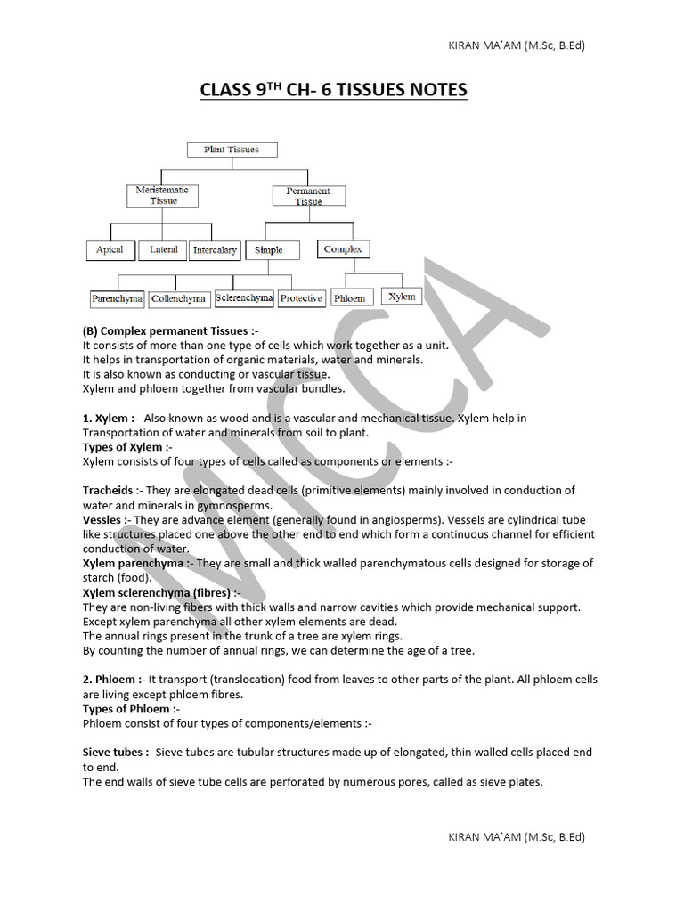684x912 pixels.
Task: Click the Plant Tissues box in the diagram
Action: (232, 150)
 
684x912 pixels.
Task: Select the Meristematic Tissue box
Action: (163, 196)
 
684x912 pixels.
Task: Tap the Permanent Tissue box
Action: (308, 196)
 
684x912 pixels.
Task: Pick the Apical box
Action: (110, 250)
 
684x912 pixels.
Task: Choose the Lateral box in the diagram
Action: (163, 250)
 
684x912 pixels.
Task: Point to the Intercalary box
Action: (215, 250)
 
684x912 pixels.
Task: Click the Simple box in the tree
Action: (268, 250)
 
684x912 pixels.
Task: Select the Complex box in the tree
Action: (343, 249)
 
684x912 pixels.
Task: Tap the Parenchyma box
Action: (117, 299)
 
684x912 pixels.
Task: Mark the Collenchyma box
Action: (178, 299)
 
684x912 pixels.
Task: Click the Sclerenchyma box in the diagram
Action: (244, 297)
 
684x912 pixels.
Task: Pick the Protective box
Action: (300, 298)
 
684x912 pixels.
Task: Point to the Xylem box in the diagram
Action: (402, 297)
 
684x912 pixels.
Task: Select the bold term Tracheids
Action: (108, 491)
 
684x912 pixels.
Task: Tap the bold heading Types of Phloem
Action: (126, 709)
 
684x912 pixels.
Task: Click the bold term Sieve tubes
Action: (113, 753)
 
